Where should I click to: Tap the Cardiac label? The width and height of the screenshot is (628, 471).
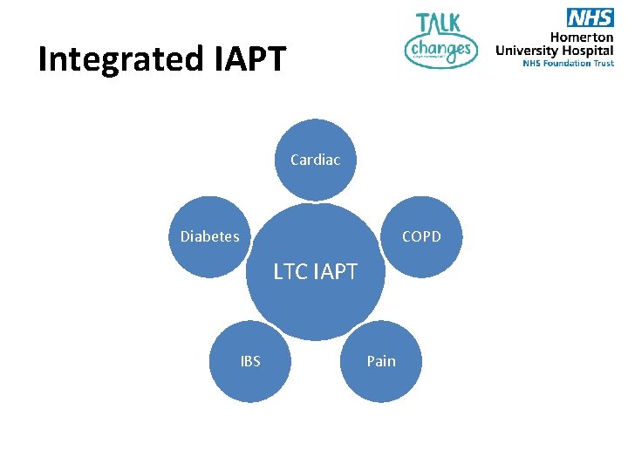(315, 160)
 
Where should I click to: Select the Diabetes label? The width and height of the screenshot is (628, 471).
(209, 236)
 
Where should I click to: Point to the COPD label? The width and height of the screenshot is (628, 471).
(421, 236)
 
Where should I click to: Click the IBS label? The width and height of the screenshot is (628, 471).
(250, 361)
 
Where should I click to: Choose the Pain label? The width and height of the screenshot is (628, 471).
(381, 361)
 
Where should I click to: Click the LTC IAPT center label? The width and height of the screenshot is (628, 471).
(315, 272)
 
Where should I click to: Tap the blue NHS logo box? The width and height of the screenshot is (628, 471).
(590, 17)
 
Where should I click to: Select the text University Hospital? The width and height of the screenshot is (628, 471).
(555, 51)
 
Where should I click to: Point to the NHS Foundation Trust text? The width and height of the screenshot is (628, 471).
(568, 63)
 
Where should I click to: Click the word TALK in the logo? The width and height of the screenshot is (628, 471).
(440, 24)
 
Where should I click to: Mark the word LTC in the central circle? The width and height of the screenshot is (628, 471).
(290, 272)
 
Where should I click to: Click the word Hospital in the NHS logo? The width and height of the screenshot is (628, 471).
(588, 51)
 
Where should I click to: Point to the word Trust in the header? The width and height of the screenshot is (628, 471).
(602, 63)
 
